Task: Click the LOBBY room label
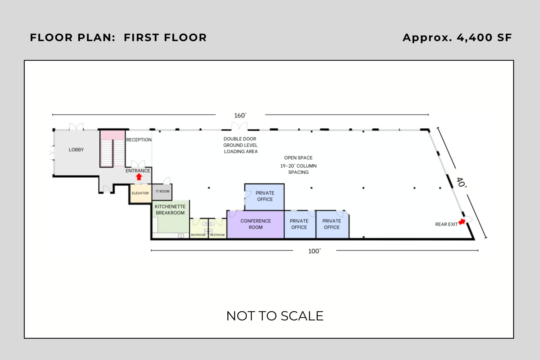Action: coord(76,150)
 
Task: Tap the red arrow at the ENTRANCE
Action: coord(139,177)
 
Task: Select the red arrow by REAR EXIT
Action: coord(462,222)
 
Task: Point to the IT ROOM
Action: coord(162,192)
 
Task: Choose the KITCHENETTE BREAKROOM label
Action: coord(170,210)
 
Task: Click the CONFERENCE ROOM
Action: coord(256,224)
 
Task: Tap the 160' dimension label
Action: coord(240,115)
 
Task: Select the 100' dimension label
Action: coord(314,251)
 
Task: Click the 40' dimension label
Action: coord(461,182)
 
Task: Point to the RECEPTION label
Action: coord(139,140)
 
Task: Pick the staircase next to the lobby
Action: coord(112,148)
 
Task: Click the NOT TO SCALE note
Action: coord(275,316)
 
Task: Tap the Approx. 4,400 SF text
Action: coord(457,37)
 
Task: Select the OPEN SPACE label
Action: coord(298,158)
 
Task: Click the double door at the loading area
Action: coord(239,126)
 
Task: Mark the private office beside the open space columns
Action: coord(264,197)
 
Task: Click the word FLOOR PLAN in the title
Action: coord(73,37)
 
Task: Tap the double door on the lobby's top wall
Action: coord(76,127)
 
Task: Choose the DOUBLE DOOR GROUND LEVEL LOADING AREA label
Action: coord(241,145)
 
